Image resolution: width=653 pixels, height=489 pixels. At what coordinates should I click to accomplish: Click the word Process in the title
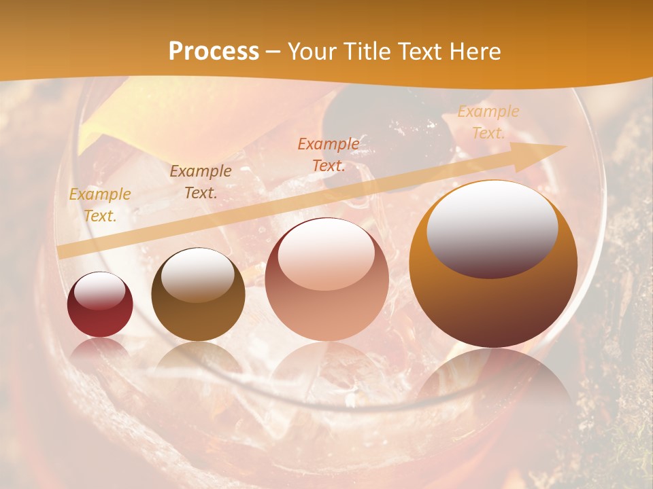pyautogui.click(x=214, y=52)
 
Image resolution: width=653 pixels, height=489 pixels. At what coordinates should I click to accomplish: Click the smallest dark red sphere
pyautogui.click(x=100, y=305)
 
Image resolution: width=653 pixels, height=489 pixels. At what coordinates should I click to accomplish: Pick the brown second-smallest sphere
pyautogui.click(x=198, y=295)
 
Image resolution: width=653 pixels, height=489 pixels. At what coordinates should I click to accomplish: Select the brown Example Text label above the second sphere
pyautogui.click(x=201, y=182)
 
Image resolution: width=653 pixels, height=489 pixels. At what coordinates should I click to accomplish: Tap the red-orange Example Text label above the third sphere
pyautogui.click(x=329, y=154)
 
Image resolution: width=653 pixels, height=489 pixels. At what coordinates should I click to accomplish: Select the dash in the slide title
pyautogui.click(x=273, y=52)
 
